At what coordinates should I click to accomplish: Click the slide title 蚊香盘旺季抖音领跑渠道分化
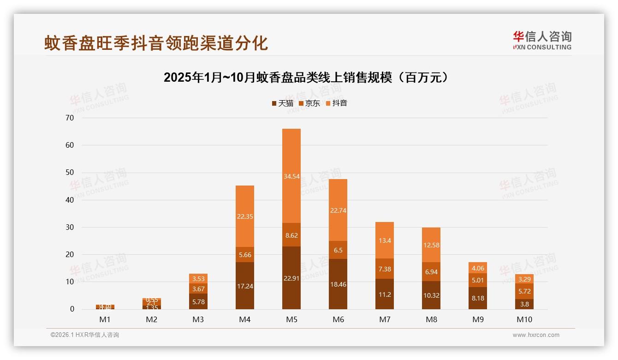pyautogui.click(x=156, y=43)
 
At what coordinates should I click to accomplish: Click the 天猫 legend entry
pyautogui.click(x=282, y=103)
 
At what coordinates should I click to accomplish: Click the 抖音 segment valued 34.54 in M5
pyautogui.click(x=291, y=176)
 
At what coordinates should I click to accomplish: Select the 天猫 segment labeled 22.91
pyautogui.click(x=291, y=278)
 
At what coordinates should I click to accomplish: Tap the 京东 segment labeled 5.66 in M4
pyautogui.click(x=244, y=254)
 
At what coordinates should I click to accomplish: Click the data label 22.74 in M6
pyautogui.click(x=338, y=210)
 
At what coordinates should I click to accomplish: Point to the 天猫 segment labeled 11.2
pyautogui.click(x=384, y=294)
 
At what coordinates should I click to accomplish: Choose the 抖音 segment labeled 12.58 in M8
pyautogui.click(x=431, y=245)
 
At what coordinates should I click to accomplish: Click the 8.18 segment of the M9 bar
pyautogui.click(x=478, y=298)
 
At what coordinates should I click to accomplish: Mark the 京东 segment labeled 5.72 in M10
pyautogui.click(x=524, y=291)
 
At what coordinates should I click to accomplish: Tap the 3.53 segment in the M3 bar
pyautogui.click(x=198, y=278)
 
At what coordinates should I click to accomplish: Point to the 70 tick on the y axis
pyautogui.click(x=70, y=118)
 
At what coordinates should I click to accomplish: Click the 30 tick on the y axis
pyautogui.click(x=70, y=227)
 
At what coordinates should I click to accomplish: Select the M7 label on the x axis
pyautogui.click(x=385, y=319)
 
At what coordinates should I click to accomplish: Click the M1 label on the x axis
pyautogui.click(x=105, y=319)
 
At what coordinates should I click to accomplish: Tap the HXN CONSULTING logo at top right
pyautogui.click(x=542, y=41)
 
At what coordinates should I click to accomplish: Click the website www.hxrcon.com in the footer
pyautogui.click(x=536, y=335)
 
